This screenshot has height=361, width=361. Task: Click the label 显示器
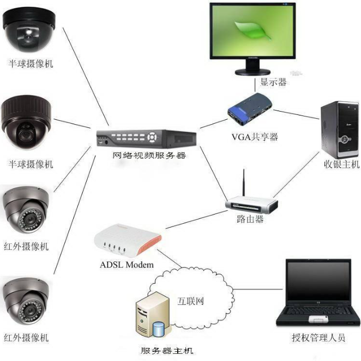[273, 83]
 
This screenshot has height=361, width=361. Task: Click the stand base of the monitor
[254, 71]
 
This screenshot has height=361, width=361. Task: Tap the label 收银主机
[338, 164]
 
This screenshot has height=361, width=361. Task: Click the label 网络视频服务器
[149, 156]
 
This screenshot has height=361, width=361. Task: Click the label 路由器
[250, 219]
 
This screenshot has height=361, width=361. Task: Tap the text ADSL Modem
[127, 265]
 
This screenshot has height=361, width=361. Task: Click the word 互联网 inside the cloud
[190, 301]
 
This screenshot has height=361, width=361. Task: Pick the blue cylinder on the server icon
[159, 329]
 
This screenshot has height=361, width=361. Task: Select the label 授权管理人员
[318, 338]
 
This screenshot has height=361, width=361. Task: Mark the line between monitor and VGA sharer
[255, 84]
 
